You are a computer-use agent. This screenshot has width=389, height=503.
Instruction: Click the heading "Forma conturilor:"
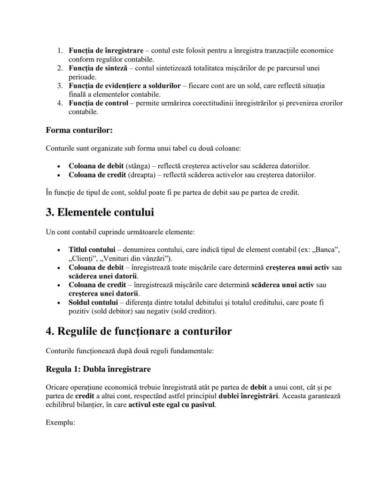pos(79,130)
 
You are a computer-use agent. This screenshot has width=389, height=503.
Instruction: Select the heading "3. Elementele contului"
pos(100,212)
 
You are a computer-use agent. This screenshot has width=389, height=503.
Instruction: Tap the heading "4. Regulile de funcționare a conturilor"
pos(139,331)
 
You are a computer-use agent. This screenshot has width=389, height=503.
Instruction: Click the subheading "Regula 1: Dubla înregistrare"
pos(98,369)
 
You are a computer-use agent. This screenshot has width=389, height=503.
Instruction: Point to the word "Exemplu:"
pos(61,422)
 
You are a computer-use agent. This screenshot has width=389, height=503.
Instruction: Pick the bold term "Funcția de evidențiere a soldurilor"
pos(124,86)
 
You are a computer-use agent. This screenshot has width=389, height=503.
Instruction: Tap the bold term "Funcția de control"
pos(98,103)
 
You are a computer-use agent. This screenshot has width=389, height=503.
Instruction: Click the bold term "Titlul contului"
pos(92,249)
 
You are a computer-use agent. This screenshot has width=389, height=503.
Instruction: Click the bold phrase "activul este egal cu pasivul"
pos(172,405)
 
